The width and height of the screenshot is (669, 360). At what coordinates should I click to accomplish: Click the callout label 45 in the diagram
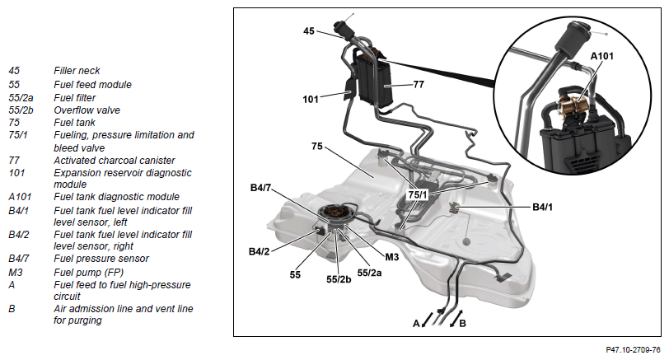[309, 31]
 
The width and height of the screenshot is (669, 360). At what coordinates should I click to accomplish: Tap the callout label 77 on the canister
[419, 83]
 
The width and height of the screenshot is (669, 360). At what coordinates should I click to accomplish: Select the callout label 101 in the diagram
[311, 100]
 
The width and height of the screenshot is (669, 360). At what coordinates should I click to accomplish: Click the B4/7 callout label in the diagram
[263, 188]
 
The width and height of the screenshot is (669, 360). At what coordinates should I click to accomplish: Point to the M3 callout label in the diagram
[392, 256]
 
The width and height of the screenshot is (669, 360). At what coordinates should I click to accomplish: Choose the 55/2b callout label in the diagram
[339, 279]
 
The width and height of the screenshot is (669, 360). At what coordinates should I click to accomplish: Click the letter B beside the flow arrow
[463, 324]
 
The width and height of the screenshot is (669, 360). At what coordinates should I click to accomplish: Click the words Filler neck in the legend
[77, 71]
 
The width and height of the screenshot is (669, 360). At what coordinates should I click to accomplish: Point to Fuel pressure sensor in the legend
[101, 259]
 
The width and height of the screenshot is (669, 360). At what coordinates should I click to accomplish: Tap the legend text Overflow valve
[87, 109]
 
